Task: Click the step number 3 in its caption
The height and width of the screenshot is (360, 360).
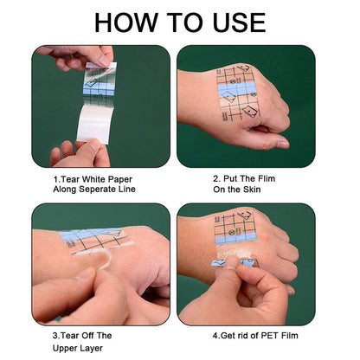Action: coord(55,335)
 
